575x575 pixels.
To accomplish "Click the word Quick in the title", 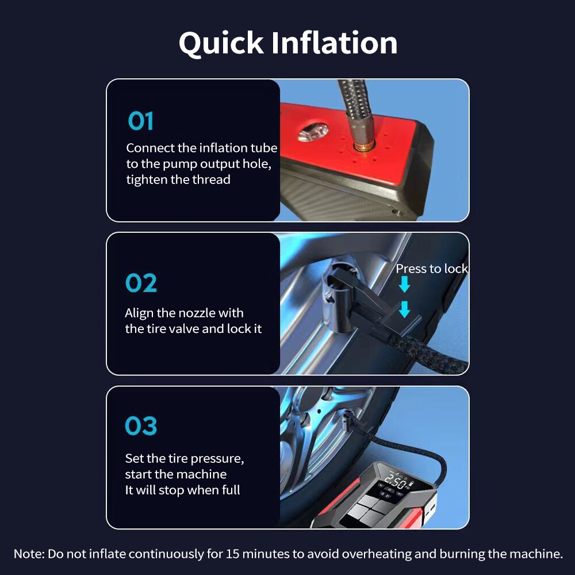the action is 221,44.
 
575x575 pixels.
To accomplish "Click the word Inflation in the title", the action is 335,43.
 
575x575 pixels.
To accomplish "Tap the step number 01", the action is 140,121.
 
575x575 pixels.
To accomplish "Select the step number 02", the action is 141,283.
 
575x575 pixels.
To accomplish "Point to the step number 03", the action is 141,425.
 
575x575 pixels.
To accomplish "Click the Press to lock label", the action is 432,269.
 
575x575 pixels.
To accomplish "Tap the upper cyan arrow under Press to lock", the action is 404,284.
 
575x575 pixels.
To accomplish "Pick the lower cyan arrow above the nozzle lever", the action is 404,309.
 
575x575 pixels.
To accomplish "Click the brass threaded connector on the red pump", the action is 364,146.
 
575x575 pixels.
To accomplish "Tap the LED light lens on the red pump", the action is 313,132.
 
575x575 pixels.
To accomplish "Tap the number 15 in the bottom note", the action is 232,554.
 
